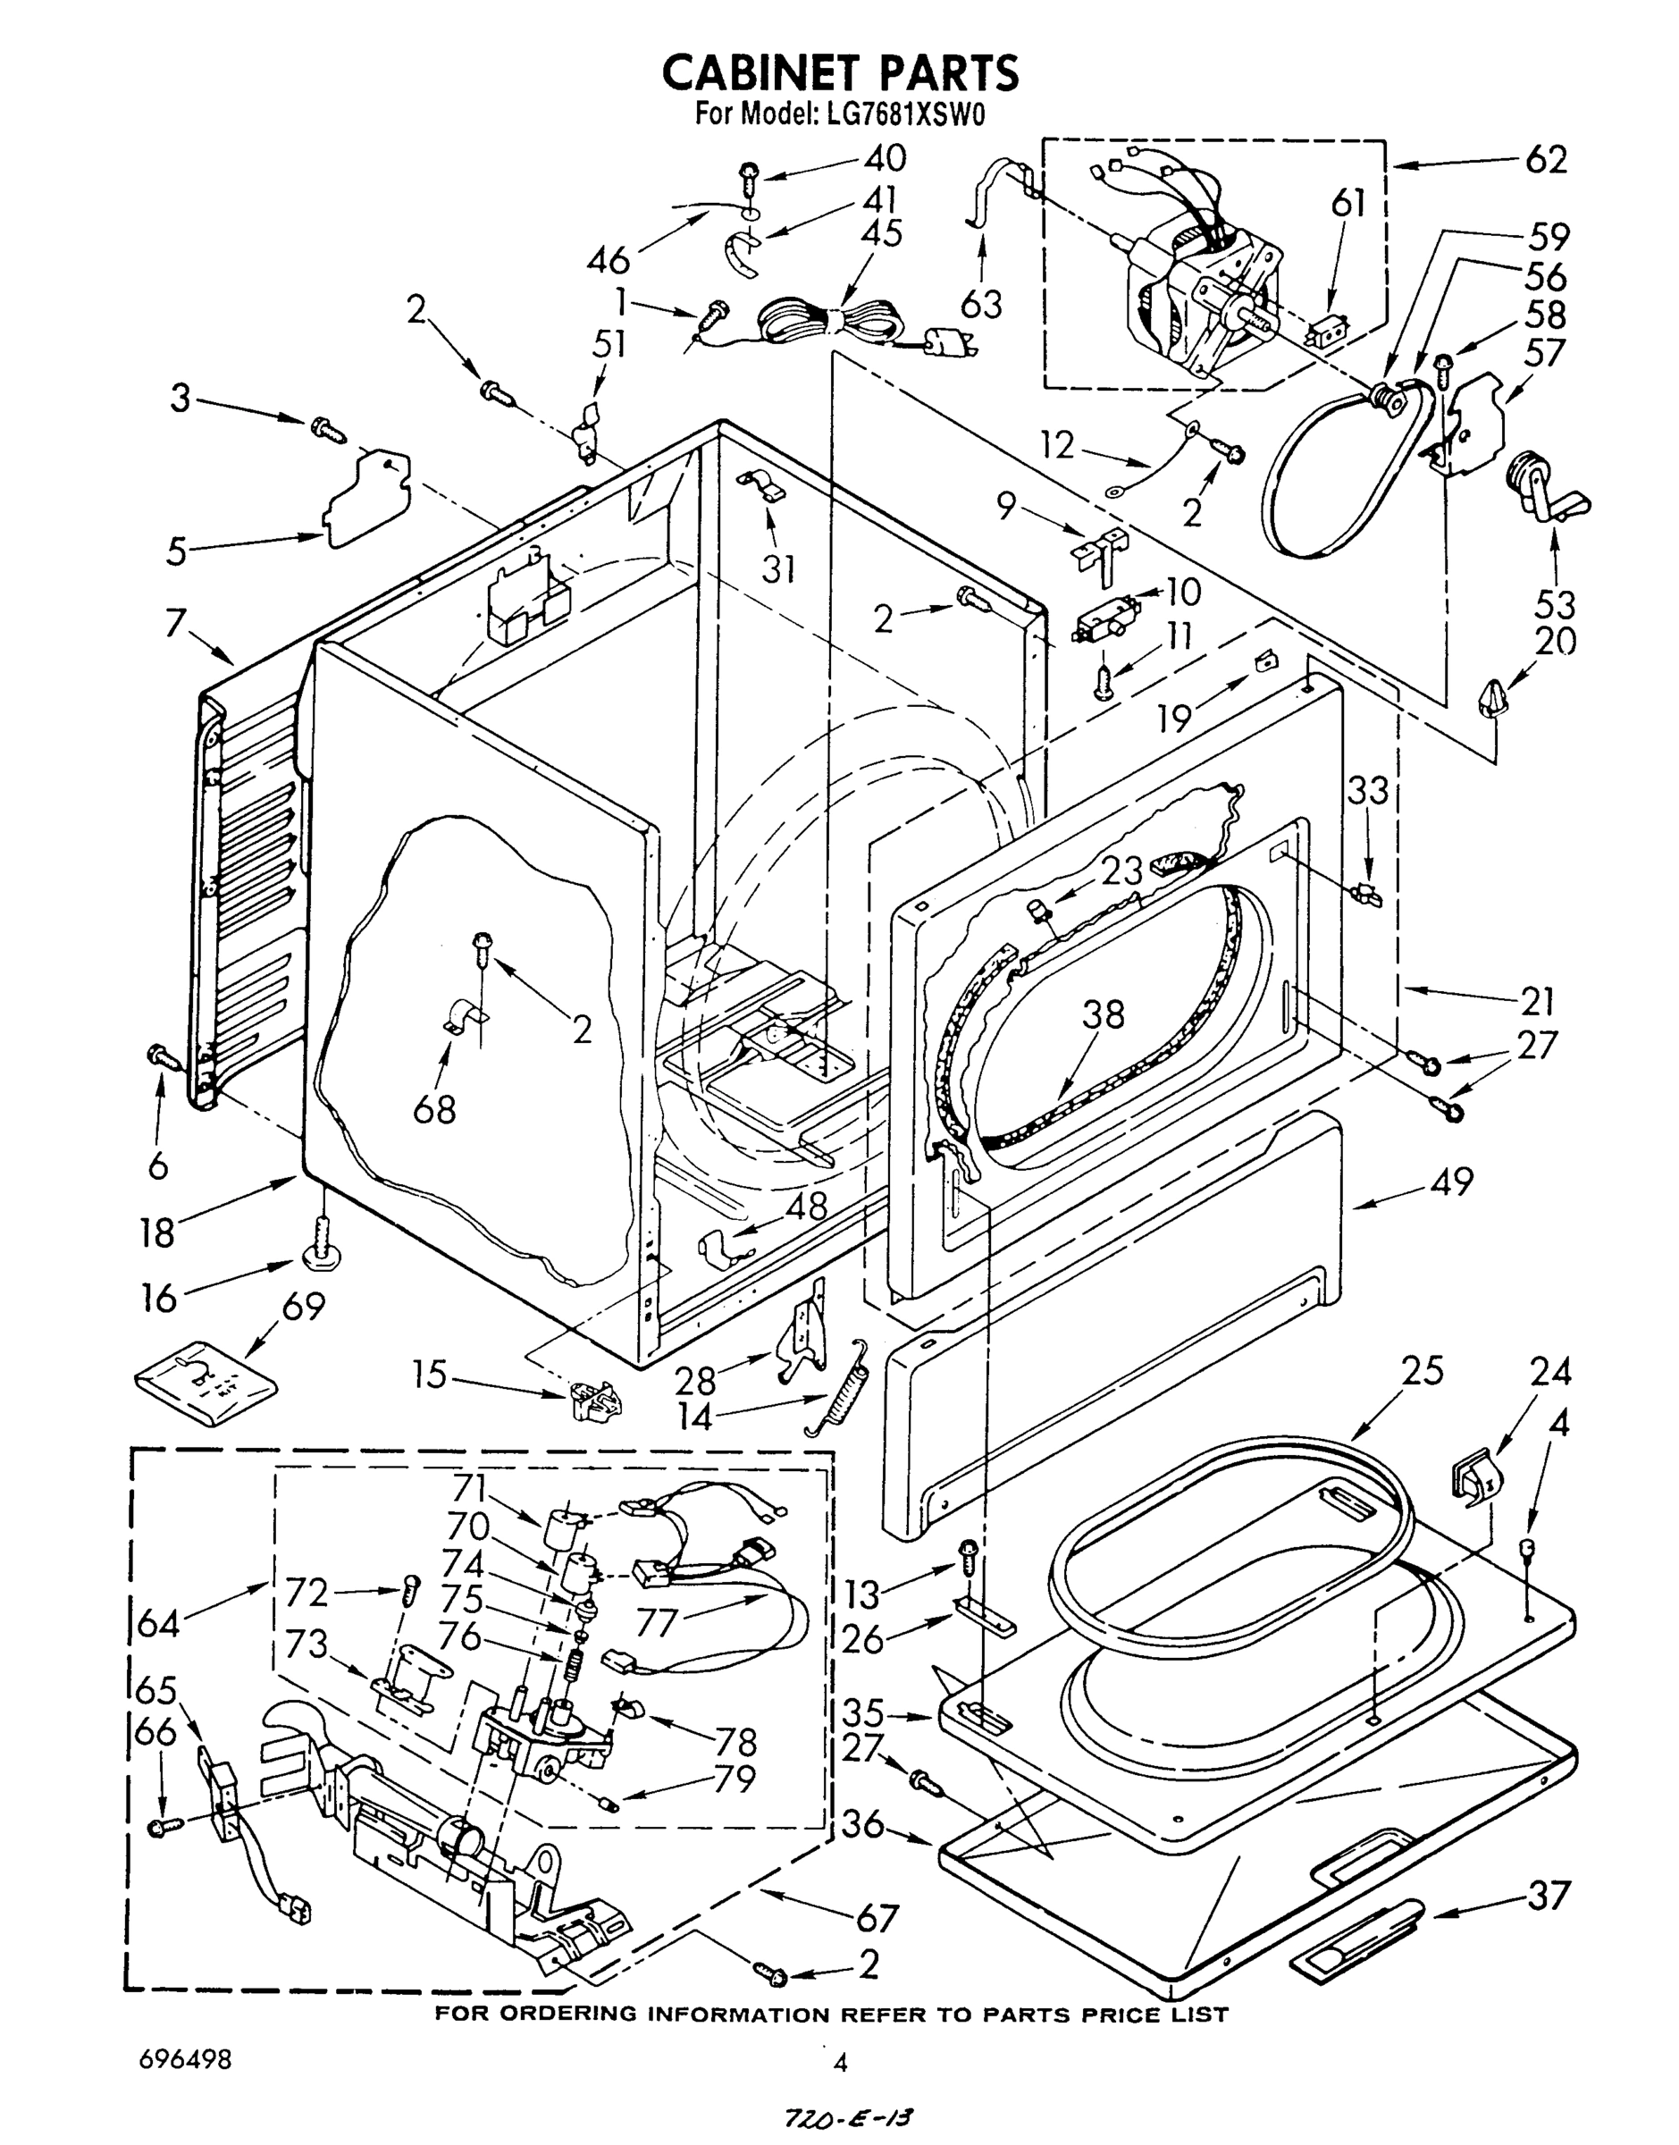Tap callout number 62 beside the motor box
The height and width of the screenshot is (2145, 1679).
pos(1545,159)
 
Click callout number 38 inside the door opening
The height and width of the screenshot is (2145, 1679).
pos(1102,1014)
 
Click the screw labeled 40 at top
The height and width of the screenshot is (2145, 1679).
pos(749,177)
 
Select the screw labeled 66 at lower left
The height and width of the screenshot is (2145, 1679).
pos(165,1827)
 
